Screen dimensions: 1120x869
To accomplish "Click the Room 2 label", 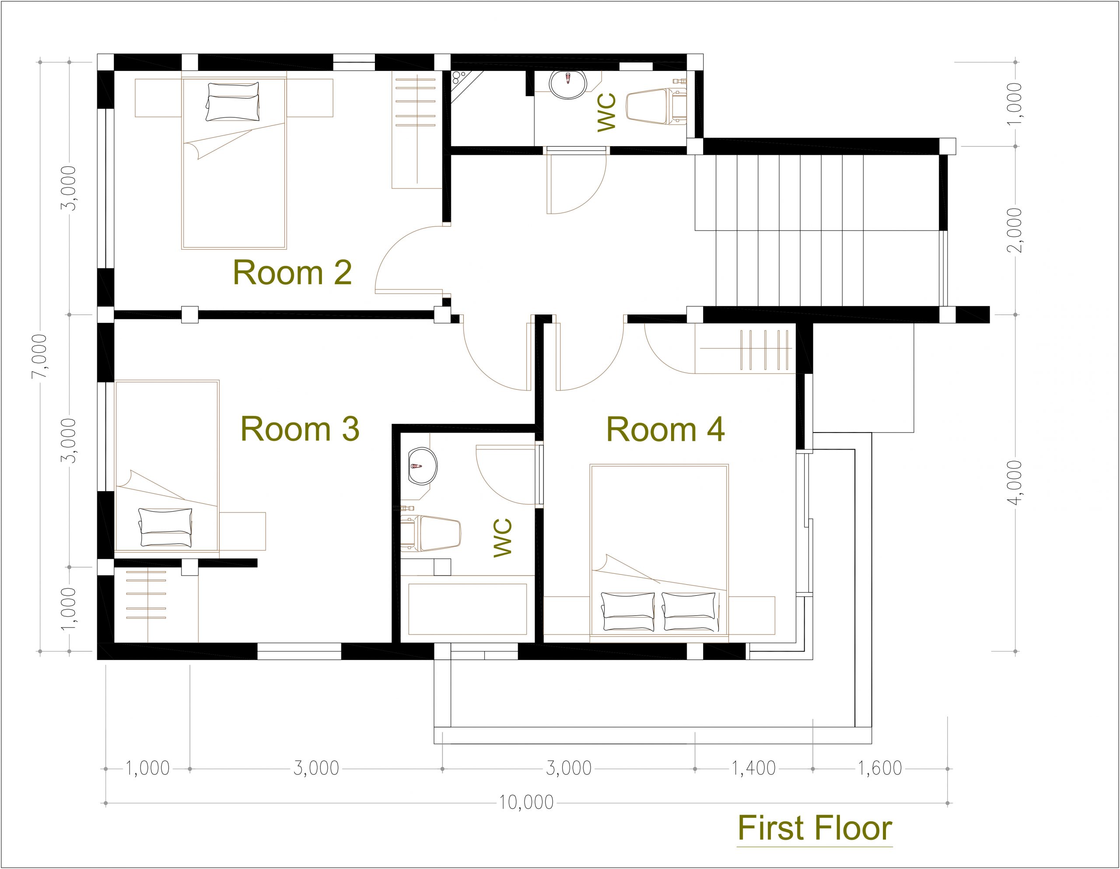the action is [292, 273].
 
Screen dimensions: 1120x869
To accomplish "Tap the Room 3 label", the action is [300, 429].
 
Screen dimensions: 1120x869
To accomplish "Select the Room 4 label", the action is [665, 429].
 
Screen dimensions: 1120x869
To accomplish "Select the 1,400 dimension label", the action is [753, 768].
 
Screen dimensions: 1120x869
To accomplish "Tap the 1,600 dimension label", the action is [880, 768].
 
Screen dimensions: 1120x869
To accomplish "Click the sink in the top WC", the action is [568, 83].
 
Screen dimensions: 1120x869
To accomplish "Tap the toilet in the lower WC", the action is [431, 533].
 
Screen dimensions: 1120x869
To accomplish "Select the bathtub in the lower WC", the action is [467, 608].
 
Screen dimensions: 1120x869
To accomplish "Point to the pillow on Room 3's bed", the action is [166, 527].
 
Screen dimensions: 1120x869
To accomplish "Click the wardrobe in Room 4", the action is [745, 349].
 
